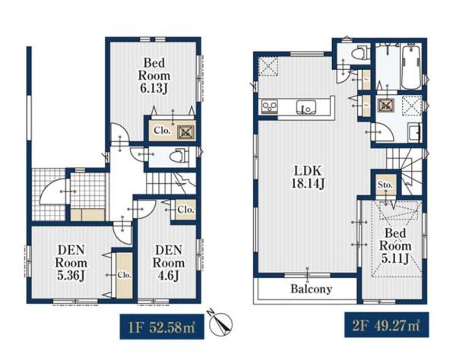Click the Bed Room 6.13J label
pos(154,75)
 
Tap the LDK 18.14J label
pos(308,177)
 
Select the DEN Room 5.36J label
pos(71,263)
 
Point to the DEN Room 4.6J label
pos(169,263)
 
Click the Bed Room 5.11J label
pos(395,245)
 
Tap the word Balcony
pos(312,289)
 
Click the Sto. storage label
pos(385,185)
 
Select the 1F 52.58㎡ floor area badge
pos(162,327)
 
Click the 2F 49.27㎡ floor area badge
pos(387,325)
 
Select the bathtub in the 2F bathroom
pos(410,67)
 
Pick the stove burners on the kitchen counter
pos(270,106)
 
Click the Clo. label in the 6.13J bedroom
pos(162,131)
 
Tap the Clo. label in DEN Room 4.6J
pos(185,209)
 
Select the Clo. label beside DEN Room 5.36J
pos(125,275)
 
